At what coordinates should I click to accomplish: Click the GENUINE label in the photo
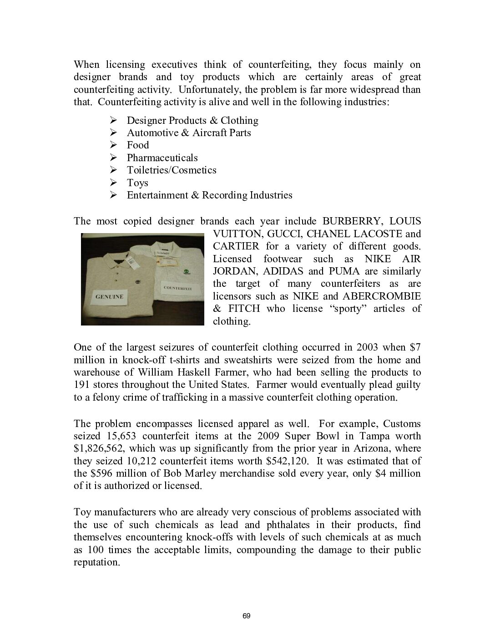(x=109, y=296)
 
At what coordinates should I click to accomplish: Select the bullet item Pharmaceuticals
(x=162, y=158)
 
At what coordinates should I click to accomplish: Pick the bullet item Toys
(x=137, y=183)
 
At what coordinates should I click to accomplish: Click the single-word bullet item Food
(x=138, y=145)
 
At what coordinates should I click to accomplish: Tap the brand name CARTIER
(x=236, y=246)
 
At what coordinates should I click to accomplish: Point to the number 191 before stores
(x=82, y=385)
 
